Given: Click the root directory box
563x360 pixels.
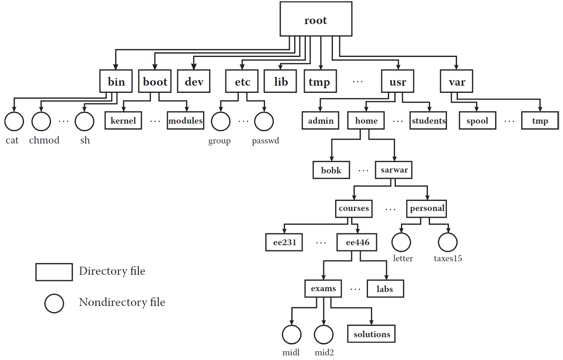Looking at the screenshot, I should tap(316, 19).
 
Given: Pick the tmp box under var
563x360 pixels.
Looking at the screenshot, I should tap(540, 121).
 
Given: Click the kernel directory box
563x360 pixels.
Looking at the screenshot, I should tap(123, 121).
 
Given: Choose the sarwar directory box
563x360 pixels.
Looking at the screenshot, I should tap(394, 170).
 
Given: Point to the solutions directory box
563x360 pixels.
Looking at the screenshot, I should tap(371, 334).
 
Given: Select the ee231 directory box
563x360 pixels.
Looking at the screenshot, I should tap(284, 242).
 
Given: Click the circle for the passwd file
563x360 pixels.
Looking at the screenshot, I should tap(265, 122).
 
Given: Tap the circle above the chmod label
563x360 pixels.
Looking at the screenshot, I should tap(41, 122).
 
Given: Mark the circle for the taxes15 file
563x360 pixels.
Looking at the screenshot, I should tap(448, 242).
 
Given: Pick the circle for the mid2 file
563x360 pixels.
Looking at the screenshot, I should tap(324, 335).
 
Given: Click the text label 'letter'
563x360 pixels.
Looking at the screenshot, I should tap(403, 258).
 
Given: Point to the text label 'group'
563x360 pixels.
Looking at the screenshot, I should tap(219, 141).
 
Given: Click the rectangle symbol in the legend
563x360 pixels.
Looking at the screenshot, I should tap(54, 272).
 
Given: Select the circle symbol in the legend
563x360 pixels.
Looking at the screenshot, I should tap(54, 303).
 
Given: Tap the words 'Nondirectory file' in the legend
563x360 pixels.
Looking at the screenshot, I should tap(122, 303).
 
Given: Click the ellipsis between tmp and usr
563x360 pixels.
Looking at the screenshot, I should tap(357, 82).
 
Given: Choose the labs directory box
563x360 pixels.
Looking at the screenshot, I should tap(385, 289).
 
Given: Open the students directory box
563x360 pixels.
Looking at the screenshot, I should tap(428, 121).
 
